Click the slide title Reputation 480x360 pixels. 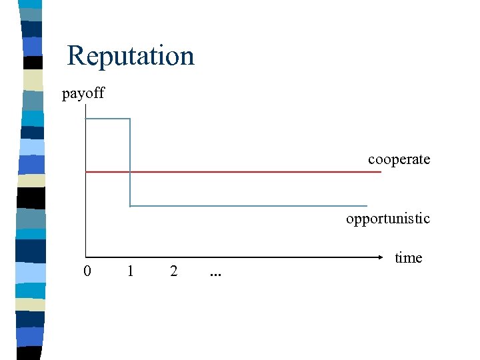pyautogui.click(x=131, y=55)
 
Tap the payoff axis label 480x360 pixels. pyautogui.click(x=83, y=93)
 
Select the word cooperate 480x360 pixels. pyautogui.click(x=399, y=159)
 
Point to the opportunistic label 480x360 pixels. pyautogui.click(x=387, y=218)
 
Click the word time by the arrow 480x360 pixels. pyautogui.click(x=408, y=257)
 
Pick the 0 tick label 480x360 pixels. pyautogui.click(x=87, y=271)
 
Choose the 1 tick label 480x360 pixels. pyautogui.click(x=131, y=271)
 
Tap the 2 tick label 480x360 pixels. pyautogui.click(x=173, y=271)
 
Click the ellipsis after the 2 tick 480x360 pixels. pyautogui.click(x=215, y=273)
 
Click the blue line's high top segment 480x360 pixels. pyautogui.click(x=108, y=119)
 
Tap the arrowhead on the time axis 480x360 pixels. pyautogui.click(x=387, y=257)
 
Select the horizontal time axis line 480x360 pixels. pyautogui.click(x=233, y=257)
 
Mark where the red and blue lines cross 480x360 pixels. pyautogui.click(x=130, y=172)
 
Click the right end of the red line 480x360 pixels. pyautogui.click(x=380, y=172)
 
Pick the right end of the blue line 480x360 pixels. pyautogui.click(x=366, y=205)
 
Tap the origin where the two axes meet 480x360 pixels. pyautogui.click(x=86, y=257)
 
